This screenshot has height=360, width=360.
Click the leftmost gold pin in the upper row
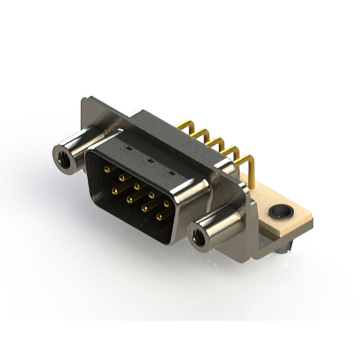[x=107, y=168]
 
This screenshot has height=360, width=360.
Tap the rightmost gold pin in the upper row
[x=166, y=204]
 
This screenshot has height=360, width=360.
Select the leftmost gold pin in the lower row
[x=114, y=191]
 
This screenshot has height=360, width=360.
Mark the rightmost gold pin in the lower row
[x=159, y=217]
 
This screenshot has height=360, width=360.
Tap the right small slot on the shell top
[x=166, y=170]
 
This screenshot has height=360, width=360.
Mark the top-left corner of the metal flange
[x=83, y=100]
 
